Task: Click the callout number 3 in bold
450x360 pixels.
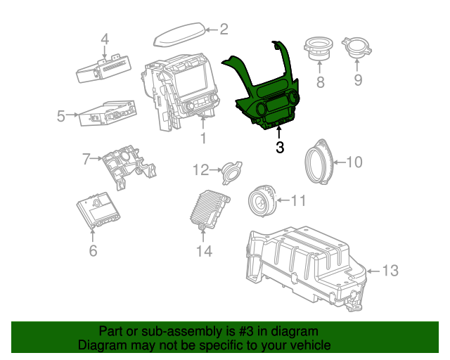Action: tap(280, 148)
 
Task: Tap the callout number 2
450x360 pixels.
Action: tap(224, 30)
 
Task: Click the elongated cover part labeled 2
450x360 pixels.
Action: tap(180, 34)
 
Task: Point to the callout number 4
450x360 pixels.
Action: tap(105, 39)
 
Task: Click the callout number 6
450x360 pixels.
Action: tap(93, 250)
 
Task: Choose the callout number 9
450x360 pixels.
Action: tap(358, 81)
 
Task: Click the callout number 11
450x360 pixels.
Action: tap(298, 202)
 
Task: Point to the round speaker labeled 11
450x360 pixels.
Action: tap(264, 202)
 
